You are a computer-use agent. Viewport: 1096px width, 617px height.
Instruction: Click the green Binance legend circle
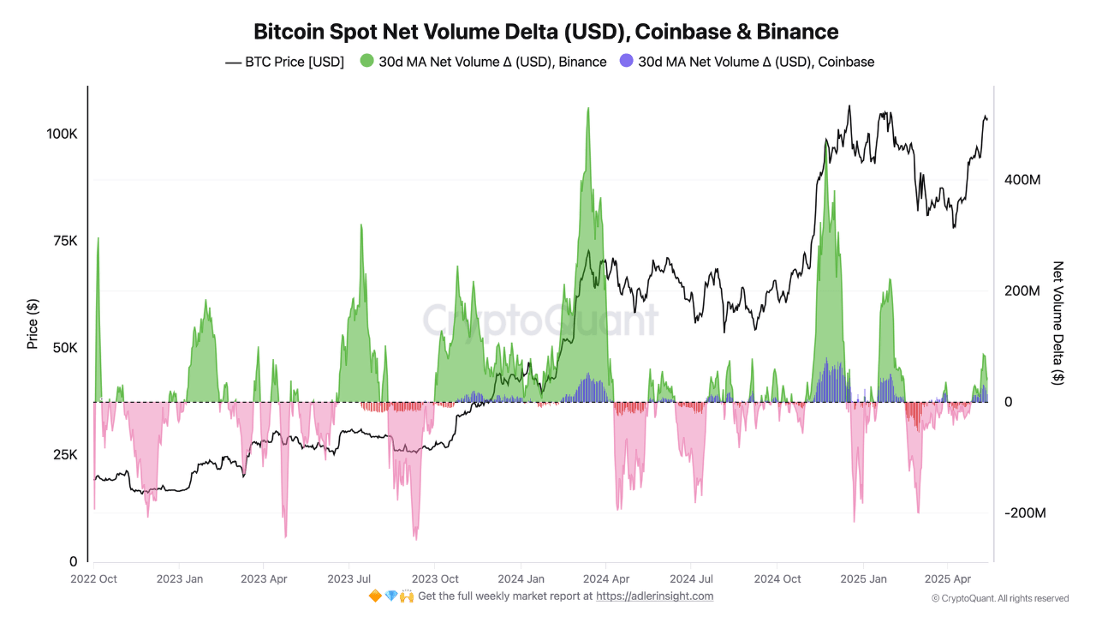tap(367, 62)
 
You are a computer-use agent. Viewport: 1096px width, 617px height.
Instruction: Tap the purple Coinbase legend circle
tap(627, 62)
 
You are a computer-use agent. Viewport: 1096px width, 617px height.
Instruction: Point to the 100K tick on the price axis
tap(62, 135)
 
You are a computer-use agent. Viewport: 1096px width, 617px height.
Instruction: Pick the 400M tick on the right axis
tap(1022, 180)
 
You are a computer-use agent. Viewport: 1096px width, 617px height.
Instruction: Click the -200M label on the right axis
tap(1024, 512)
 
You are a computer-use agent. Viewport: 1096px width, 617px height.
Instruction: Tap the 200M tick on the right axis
tap(1022, 291)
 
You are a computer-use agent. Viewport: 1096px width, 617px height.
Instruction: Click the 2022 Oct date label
tap(94, 578)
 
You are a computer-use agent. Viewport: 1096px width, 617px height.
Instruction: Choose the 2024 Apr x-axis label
tap(606, 578)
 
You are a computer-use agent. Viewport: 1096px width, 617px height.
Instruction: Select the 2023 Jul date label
tap(350, 578)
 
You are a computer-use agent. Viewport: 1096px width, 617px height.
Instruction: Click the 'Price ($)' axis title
tap(33, 323)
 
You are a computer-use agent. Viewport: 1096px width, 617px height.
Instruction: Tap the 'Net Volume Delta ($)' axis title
tap(1058, 323)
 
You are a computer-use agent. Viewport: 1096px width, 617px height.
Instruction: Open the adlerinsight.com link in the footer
tap(654, 596)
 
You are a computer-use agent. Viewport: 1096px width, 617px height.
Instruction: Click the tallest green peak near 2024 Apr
tap(587, 109)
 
